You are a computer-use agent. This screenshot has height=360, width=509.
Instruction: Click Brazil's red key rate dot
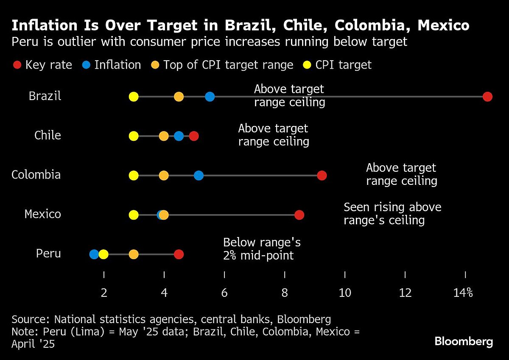(x=487, y=97)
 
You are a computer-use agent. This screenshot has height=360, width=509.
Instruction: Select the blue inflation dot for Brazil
(x=210, y=97)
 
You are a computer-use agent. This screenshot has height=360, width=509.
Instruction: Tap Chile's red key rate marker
(x=194, y=136)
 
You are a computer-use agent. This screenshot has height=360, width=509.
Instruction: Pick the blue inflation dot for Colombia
(x=199, y=176)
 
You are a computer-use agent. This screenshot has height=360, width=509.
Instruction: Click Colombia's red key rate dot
(x=322, y=176)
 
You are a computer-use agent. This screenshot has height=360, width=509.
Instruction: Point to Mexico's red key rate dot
(x=299, y=215)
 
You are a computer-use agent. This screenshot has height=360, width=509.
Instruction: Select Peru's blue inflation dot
(x=94, y=254)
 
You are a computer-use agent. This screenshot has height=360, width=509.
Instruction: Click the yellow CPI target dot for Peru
(x=103, y=254)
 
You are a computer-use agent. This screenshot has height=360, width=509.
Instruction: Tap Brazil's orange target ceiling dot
(x=179, y=97)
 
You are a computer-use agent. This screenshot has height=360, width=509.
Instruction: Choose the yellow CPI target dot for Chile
(x=134, y=136)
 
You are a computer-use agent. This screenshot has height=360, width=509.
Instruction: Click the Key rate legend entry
(x=42, y=65)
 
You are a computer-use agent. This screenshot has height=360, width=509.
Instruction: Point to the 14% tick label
(x=463, y=293)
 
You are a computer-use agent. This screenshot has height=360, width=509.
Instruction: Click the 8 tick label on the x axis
(x=285, y=293)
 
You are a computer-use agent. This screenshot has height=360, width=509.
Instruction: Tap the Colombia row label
(x=36, y=175)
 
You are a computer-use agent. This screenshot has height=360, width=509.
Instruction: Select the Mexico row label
(x=42, y=214)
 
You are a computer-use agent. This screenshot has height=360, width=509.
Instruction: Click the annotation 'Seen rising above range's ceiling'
(x=392, y=214)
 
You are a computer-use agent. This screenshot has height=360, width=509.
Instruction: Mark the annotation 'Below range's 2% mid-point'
(x=262, y=249)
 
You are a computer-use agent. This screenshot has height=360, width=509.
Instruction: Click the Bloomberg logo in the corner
(x=464, y=341)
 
